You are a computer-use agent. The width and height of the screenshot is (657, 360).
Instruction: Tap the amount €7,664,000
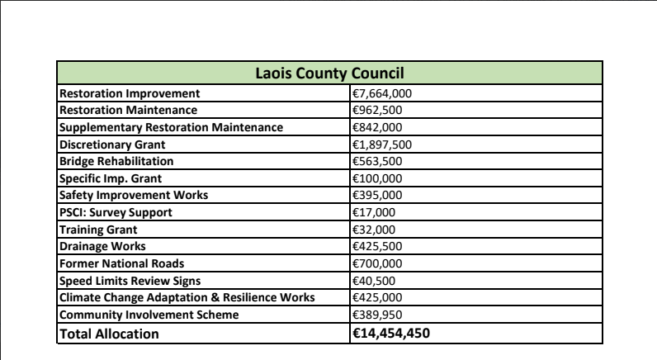pos(382,93)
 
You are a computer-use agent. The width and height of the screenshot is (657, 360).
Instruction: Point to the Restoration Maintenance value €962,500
pos(377,110)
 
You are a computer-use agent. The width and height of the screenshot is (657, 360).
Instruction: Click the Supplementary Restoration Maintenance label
pos(171,127)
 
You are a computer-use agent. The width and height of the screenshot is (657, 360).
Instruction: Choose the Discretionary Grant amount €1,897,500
pos(382,144)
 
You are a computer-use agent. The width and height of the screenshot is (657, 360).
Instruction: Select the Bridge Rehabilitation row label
pos(116,161)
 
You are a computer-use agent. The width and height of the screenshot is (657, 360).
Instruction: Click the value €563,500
pos(377,161)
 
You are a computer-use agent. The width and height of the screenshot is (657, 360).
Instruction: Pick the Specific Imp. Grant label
pos(111,178)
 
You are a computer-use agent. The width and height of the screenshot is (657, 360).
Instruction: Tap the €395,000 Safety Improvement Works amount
pos(377,195)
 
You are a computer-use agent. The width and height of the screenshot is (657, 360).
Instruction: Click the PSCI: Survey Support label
pos(113,212)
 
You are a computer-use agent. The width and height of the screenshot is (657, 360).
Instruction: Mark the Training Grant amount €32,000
pos(374,230)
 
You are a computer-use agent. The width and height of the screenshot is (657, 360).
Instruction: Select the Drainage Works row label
pos(101,246)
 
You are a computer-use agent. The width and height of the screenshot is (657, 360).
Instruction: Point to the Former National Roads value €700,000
pos(377,263)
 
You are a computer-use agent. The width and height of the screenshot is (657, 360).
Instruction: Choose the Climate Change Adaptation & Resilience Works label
pos(187,297)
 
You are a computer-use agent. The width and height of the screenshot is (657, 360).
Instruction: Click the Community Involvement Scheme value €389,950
pos(377,315)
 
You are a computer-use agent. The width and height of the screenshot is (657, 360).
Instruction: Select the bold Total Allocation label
pos(108,334)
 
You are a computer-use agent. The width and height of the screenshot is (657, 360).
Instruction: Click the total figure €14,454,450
pos(392,334)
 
